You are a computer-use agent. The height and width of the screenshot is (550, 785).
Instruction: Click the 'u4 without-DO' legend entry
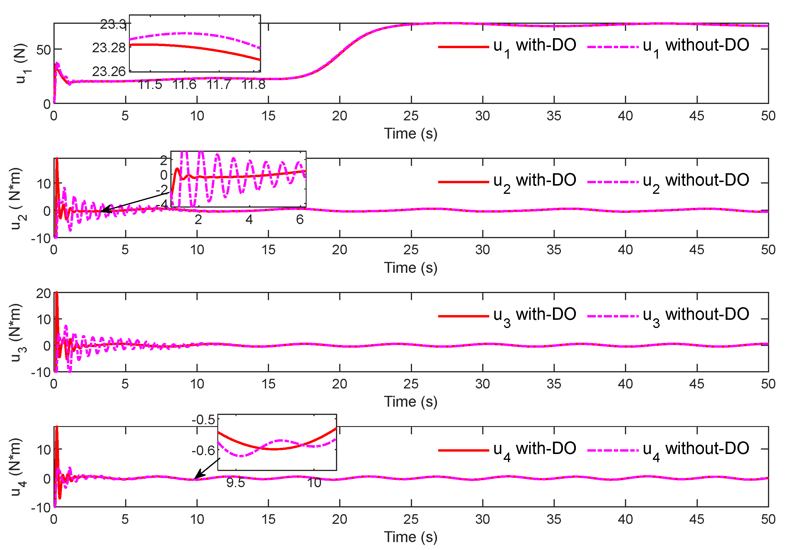(668, 450)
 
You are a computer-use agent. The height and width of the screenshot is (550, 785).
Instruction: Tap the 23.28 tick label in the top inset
(109, 48)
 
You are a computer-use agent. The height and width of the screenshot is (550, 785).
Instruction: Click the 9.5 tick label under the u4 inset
(236, 483)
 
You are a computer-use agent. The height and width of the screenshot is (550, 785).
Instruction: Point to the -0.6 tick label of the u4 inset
(203, 450)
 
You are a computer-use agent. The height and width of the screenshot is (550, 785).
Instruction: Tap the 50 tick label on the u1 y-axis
(43, 50)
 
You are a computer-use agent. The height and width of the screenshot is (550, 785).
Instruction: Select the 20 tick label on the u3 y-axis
(43, 293)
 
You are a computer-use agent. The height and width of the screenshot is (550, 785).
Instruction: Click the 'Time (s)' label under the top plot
(410, 133)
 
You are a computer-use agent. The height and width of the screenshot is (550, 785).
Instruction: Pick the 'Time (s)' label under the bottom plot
(410, 537)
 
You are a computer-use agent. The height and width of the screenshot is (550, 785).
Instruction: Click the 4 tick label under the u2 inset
(249, 219)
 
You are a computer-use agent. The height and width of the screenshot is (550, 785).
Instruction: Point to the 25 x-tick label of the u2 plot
(411, 250)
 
